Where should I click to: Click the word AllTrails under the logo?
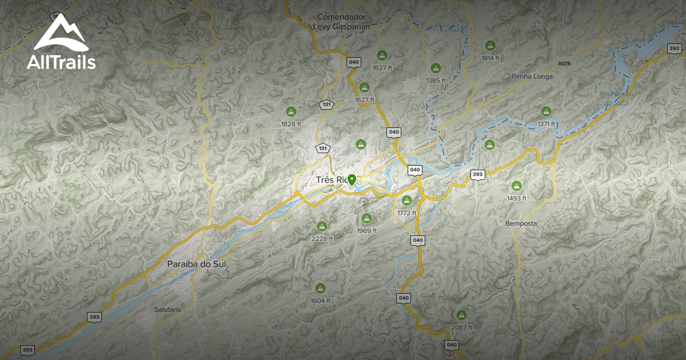(61, 62)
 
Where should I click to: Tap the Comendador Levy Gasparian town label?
(342, 22)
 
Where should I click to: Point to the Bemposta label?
(521, 223)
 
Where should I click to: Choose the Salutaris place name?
(167, 309)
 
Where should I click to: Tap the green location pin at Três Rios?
(352, 179)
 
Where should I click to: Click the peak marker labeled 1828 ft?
(290, 111)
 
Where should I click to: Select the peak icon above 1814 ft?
(490, 46)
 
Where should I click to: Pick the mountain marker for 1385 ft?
(436, 68)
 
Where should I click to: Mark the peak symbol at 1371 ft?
(546, 111)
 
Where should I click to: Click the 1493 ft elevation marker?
(516, 186)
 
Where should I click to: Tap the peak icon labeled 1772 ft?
(406, 200)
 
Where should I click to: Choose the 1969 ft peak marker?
(366, 218)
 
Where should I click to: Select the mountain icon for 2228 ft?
(322, 226)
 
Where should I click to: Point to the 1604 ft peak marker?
(320, 287)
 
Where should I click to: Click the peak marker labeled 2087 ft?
(461, 314)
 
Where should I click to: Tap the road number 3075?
(564, 63)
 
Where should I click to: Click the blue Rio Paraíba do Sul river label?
(616, 98)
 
